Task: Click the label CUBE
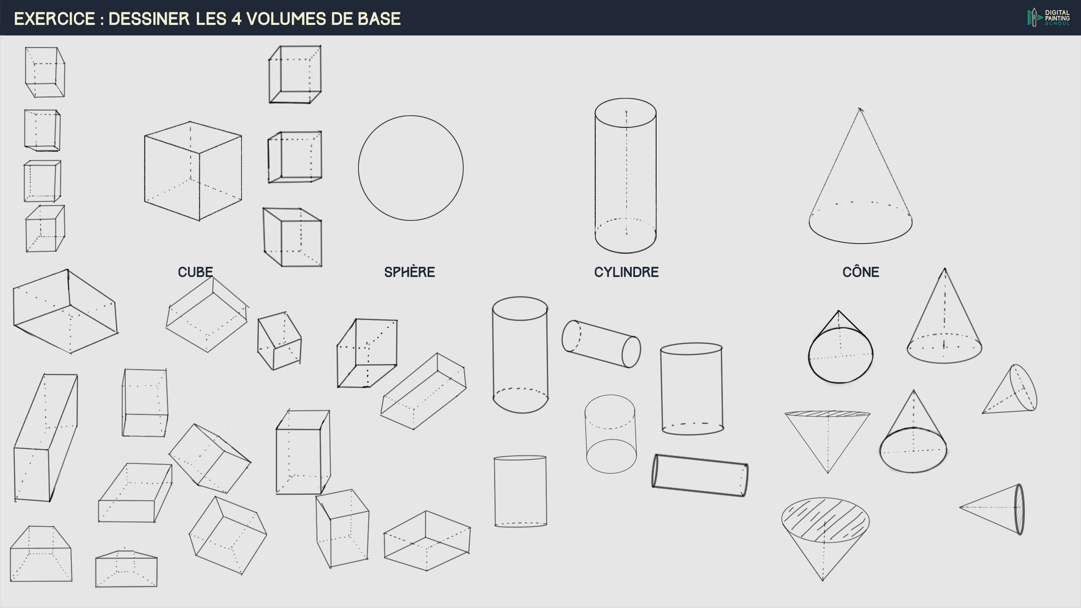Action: [x=195, y=272]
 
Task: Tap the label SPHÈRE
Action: [x=409, y=272]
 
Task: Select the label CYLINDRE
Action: [x=626, y=272]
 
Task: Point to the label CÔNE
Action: [x=861, y=271]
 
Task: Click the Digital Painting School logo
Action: [x=1049, y=18]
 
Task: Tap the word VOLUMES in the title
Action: [x=285, y=19]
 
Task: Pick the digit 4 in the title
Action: [x=236, y=19]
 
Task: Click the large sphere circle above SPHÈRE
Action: [x=359, y=168]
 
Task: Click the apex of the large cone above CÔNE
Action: [x=860, y=109]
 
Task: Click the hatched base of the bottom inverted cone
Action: [x=825, y=520]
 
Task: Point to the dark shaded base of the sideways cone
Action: [x=1019, y=509]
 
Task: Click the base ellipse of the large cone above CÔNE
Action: [x=860, y=243]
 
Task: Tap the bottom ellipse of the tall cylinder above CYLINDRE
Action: [x=625, y=253]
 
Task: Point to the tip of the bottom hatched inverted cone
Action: [x=823, y=581]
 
